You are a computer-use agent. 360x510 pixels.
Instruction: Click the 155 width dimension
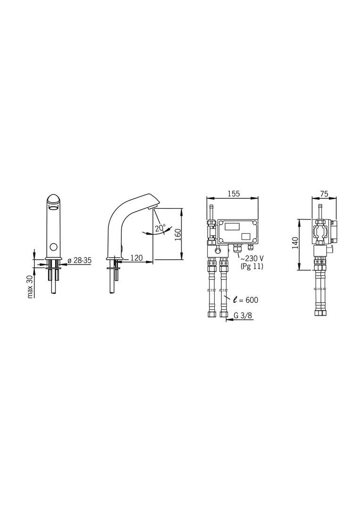point(233,194)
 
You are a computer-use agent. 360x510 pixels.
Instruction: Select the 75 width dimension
point(324,194)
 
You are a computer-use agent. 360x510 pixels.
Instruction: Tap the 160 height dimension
point(178,235)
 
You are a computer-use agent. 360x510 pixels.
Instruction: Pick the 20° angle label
point(160,228)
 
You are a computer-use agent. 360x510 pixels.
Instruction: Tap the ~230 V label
point(252,258)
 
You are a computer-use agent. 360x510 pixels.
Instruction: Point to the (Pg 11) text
point(252,266)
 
